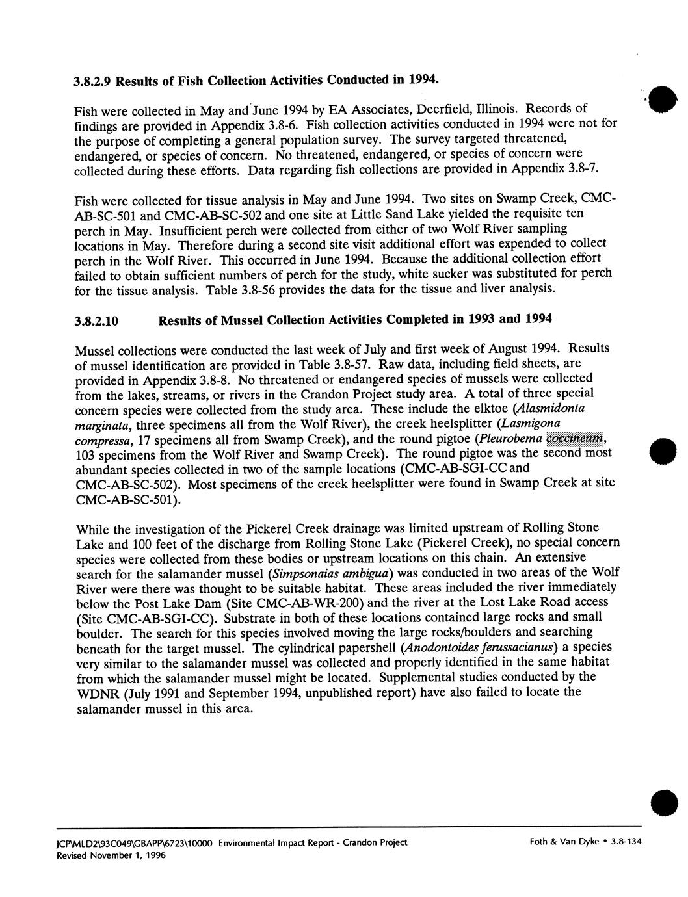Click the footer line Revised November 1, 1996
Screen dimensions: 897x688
tap(120, 855)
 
